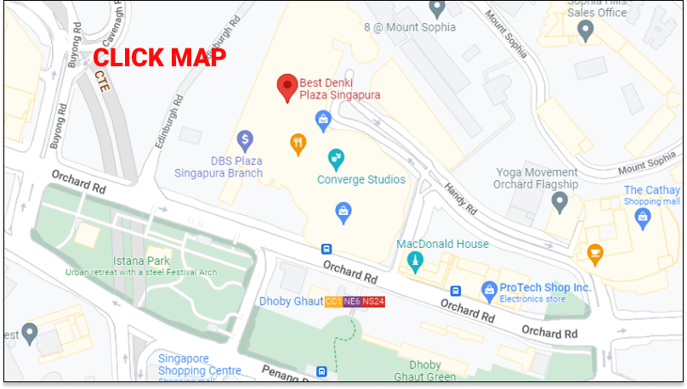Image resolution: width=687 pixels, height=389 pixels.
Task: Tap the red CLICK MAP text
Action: [x=159, y=58]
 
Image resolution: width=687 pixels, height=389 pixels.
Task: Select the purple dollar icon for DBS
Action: [x=245, y=138]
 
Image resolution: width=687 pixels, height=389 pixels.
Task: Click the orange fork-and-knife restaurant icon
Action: [x=298, y=143]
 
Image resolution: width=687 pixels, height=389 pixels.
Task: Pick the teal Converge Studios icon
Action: [x=337, y=158]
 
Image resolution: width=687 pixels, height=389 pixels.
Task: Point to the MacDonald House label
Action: [x=442, y=244]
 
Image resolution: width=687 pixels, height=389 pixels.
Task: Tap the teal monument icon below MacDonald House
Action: [x=415, y=262]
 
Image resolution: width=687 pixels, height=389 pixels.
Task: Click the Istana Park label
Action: [x=141, y=261]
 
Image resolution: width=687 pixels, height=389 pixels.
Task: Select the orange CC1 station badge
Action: [x=333, y=302]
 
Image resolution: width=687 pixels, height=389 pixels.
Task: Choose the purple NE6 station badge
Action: [x=352, y=302]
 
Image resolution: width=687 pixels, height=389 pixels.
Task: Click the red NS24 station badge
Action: [x=373, y=302]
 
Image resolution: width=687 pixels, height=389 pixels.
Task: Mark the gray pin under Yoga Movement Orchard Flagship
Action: [x=559, y=202]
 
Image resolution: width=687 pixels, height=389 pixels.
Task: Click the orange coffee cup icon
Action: [x=596, y=252]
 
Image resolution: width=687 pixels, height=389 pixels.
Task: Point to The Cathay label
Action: [x=651, y=190]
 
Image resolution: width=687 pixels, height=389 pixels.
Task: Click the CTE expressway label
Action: [x=103, y=82]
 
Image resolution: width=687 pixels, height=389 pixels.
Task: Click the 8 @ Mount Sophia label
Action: [x=410, y=27]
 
